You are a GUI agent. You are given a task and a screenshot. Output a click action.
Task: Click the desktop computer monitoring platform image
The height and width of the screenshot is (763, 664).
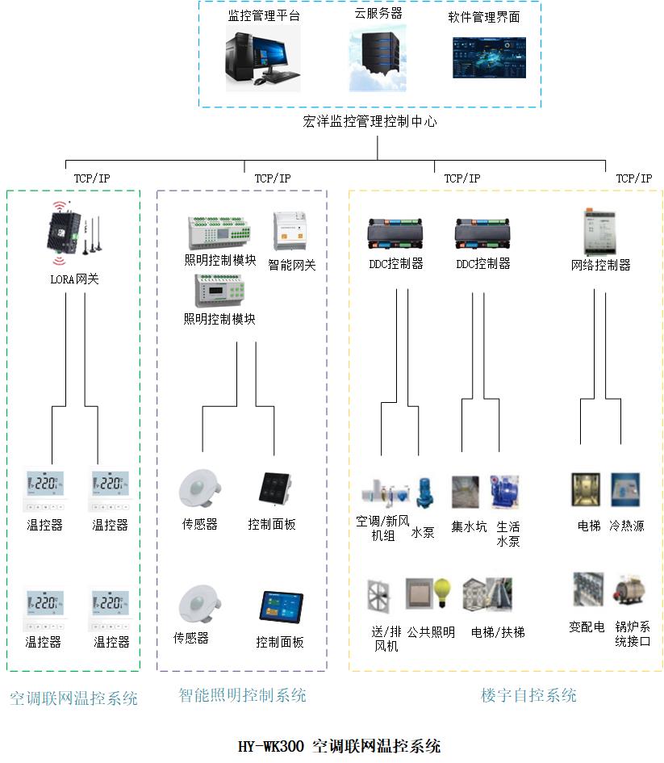pyautogui.click(x=262, y=57)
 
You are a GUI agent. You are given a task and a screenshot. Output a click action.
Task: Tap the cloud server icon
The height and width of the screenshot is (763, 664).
pyautogui.click(x=378, y=57)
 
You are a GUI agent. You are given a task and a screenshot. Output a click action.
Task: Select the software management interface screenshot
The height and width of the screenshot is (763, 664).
pyautogui.click(x=489, y=57)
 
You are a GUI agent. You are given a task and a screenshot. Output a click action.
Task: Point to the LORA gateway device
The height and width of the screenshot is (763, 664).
pyautogui.click(x=69, y=233)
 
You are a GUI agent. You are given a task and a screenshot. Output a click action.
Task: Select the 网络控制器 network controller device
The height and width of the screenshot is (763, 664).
pyautogui.click(x=600, y=232)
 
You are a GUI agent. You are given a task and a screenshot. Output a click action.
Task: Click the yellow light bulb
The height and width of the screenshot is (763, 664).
pyautogui.click(x=443, y=590)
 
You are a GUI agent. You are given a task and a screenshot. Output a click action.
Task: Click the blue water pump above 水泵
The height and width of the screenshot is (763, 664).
pyautogui.click(x=424, y=493)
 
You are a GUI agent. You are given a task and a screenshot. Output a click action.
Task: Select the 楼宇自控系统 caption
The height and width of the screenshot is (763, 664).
pyautogui.click(x=528, y=695)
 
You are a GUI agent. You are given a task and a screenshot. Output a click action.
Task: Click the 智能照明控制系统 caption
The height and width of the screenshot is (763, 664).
pyautogui.click(x=242, y=695)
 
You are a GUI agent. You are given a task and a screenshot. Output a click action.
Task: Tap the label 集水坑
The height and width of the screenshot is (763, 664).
pyautogui.click(x=469, y=526)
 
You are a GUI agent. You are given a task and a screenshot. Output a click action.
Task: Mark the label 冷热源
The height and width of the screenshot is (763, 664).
pyautogui.click(x=627, y=526)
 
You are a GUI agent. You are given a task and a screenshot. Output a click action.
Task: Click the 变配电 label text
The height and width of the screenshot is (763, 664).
pyautogui.click(x=587, y=627)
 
